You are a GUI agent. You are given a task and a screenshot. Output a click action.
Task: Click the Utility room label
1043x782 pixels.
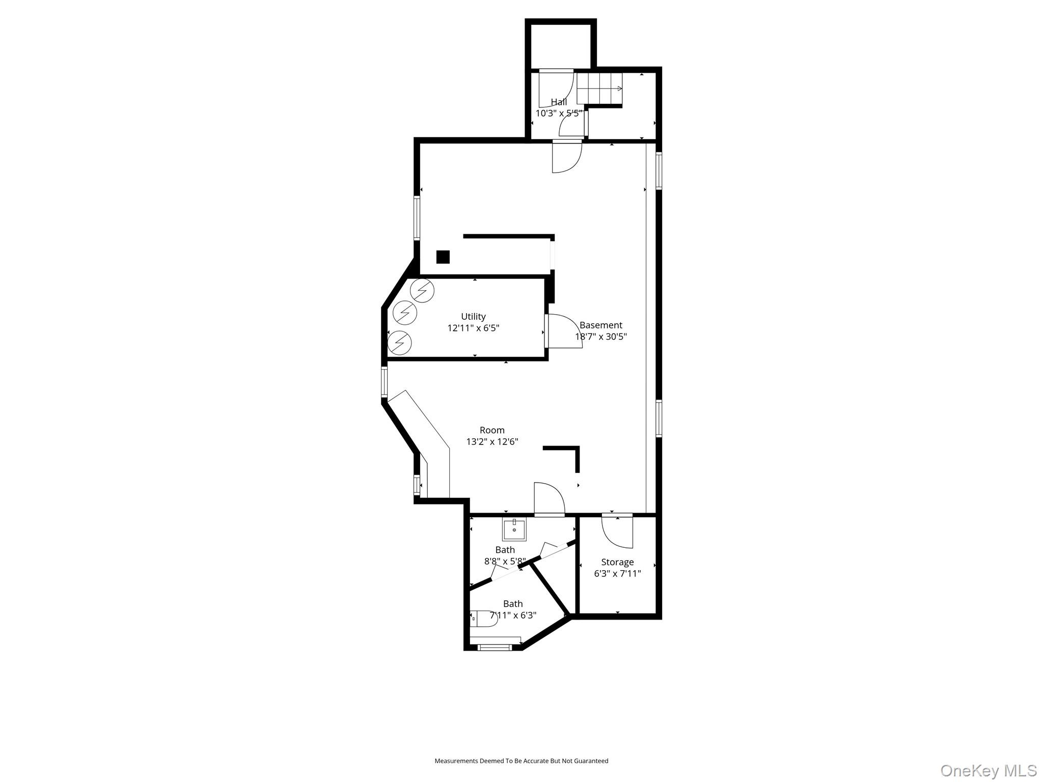pyautogui.click(x=473, y=317)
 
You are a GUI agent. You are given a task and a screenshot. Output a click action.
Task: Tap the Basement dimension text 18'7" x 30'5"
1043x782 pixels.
pyautogui.click(x=601, y=337)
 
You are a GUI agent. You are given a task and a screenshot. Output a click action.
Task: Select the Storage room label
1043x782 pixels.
pyautogui.click(x=617, y=562)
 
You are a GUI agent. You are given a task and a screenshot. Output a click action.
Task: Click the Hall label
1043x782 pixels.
pyautogui.click(x=559, y=102)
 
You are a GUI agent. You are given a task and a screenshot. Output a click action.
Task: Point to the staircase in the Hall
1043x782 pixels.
pyautogui.click(x=599, y=89)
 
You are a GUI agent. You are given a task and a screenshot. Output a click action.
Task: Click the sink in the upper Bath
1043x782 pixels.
pyautogui.click(x=514, y=530)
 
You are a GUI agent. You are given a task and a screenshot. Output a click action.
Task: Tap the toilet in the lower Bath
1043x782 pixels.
pyautogui.click(x=484, y=619)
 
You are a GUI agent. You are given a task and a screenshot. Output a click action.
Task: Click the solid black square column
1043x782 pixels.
pyautogui.click(x=443, y=257)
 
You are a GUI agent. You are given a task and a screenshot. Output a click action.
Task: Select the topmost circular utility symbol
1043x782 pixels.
pyautogui.click(x=422, y=291)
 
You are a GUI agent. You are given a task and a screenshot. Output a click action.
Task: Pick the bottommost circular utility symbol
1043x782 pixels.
pyautogui.click(x=399, y=343)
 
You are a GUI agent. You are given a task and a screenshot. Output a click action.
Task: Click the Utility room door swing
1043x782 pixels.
pyautogui.click(x=564, y=331)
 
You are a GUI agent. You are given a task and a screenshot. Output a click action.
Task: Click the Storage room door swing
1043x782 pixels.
pyautogui.click(x=617, y=532)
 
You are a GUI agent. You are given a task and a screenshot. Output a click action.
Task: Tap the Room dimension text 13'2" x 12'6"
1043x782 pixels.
pyautogui.click(x=492, y=442)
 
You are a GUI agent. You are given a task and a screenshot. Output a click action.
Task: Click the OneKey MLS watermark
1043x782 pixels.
pyautogui.click(x=988, y=770)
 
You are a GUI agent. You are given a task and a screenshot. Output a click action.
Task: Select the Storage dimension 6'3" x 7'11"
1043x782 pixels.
pyautogui.click(x=617, y=574)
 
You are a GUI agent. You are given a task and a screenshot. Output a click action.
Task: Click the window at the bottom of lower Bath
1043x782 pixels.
pyautogui.click(x=495, y=648)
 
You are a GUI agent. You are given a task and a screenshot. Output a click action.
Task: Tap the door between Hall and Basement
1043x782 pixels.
pyautogui.click(x=566, y=157)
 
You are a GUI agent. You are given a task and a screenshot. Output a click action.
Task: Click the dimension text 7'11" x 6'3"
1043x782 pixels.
pyautogui.click(x=513, y=616)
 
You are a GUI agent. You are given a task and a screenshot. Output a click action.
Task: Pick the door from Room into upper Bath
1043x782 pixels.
pyautogui.click(x=548, y=499)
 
